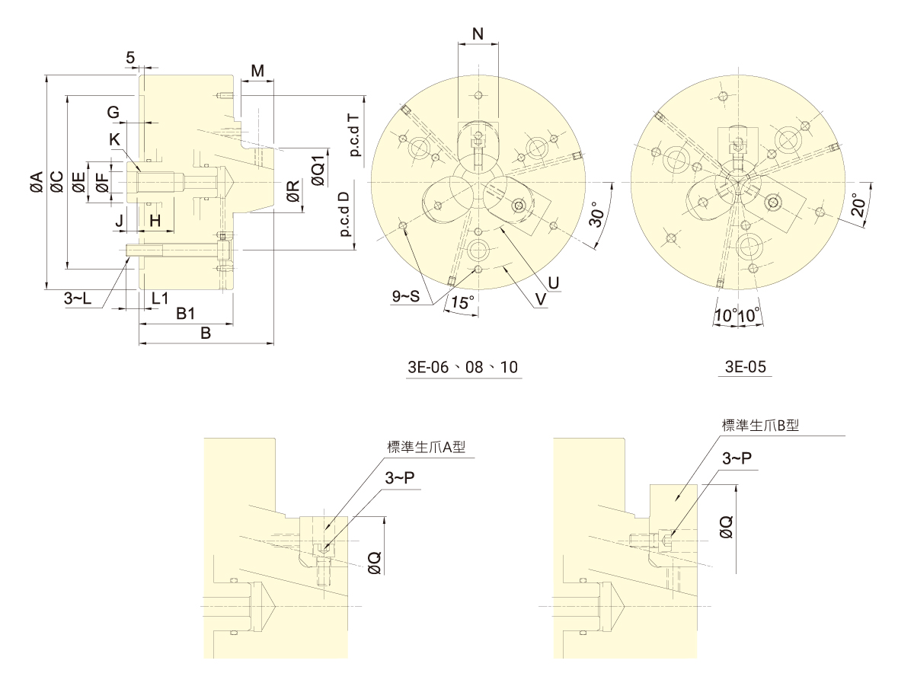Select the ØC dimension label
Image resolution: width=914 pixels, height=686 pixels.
56,183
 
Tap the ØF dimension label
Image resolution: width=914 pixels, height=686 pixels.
101,183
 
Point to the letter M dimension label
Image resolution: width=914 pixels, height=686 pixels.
257,72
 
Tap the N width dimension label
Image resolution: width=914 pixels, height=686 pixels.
478,34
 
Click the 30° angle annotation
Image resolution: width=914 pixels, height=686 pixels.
599,216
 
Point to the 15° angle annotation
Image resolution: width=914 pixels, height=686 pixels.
461,302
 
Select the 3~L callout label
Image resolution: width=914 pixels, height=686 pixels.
78,299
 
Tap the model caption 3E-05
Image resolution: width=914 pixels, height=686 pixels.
745,367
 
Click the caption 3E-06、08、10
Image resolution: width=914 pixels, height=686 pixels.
463,367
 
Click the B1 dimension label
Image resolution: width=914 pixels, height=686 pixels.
186,314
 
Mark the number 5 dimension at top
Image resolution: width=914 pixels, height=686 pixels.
130,58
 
